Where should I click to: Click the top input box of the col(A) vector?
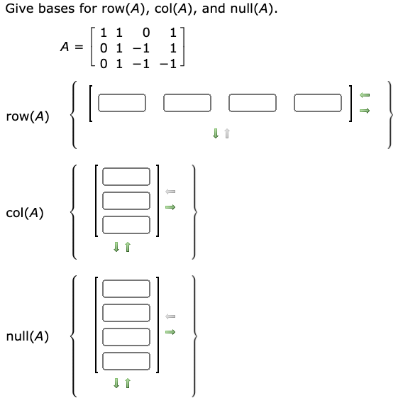(x=126, y=177)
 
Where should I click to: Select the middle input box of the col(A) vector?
(x=126, y=201)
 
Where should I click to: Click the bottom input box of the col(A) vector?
(x=126, y=225)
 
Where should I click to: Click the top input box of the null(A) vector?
(x=126, y=289)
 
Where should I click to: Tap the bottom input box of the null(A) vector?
(x=126, y=360)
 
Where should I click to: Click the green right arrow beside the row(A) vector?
(x=365, y=111)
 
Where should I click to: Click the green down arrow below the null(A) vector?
(x=119, y=384)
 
